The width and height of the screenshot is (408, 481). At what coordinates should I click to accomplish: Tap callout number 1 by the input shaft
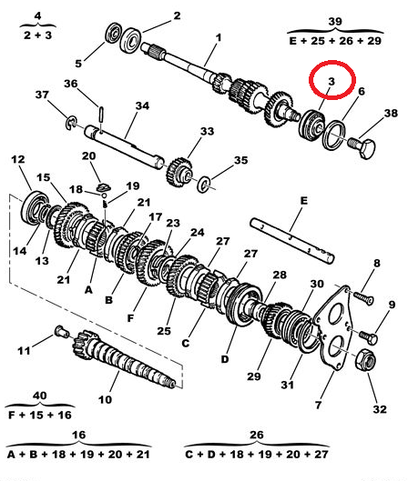click(x=219, y=37)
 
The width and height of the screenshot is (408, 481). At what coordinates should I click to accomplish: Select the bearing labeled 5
click(x=117, y=37)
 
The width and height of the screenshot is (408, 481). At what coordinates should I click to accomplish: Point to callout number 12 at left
click(x=17, y=160)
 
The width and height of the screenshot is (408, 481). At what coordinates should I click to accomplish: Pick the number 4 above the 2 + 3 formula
click(x=37, y=15)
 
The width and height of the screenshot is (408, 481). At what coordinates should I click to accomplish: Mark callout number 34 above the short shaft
click(x=141, y=106)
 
